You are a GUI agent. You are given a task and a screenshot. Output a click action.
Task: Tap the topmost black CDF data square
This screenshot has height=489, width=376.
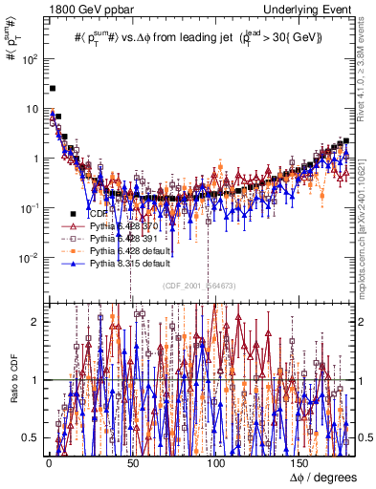click(x=53, y=88)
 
